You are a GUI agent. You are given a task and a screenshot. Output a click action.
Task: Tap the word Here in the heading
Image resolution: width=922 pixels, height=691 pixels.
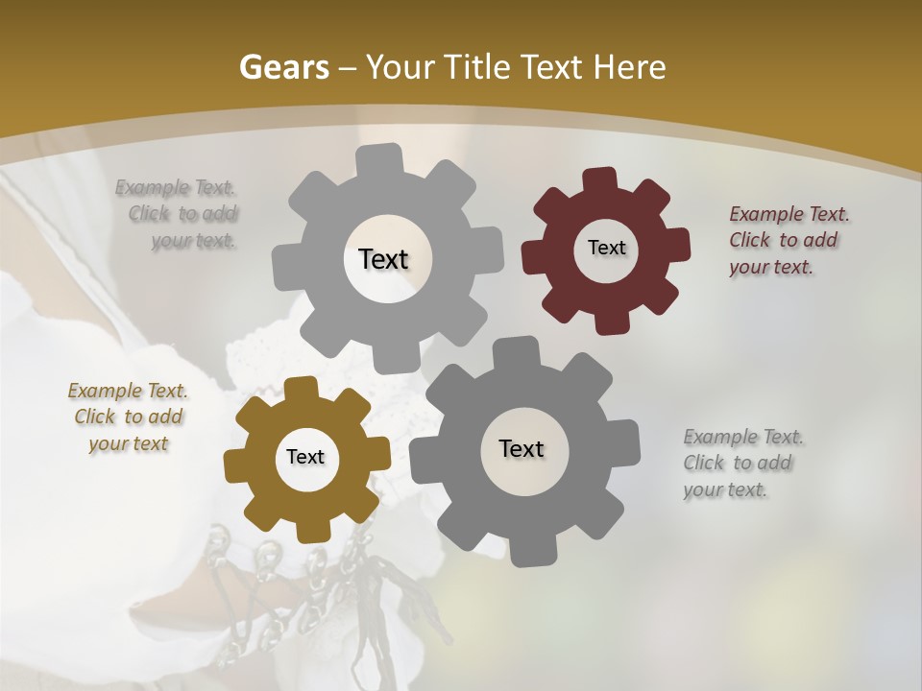(630, 67)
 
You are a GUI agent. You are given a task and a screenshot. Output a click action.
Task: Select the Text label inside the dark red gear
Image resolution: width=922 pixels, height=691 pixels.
(606, 248)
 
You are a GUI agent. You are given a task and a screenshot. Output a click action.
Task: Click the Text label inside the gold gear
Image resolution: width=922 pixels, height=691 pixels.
(305, 458)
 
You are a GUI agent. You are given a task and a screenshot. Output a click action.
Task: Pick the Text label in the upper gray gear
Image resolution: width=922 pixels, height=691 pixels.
(383, 259)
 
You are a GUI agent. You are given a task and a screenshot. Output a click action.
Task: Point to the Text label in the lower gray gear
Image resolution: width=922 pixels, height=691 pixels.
(522, 448)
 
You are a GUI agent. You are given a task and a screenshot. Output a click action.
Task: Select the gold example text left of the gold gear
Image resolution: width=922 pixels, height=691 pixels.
(128, 417)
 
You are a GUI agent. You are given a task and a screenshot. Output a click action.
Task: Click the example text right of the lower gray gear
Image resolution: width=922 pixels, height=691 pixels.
(741, 463)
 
